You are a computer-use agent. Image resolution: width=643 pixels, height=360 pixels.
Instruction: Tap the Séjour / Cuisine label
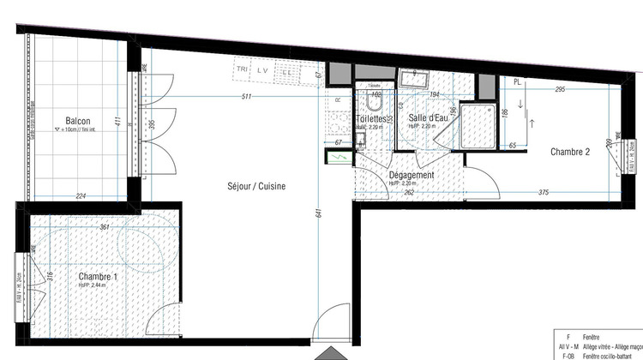click(x=256, y=186)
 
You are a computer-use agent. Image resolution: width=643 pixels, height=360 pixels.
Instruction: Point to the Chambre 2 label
click(x=569, y=153)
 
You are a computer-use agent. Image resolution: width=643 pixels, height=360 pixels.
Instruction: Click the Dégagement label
click(x=412, y=175)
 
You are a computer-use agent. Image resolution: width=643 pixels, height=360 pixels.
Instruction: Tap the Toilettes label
click(x=374, y=118)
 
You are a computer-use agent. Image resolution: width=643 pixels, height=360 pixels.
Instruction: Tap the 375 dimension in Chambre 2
click(x=544, y=193)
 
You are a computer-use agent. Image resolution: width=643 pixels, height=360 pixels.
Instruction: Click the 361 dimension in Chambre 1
click(x=105, y=227)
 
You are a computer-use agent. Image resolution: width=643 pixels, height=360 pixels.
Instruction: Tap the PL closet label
click(x=517, y=81)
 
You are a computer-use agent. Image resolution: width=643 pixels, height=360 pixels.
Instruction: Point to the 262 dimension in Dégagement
click(x=411, y=193)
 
